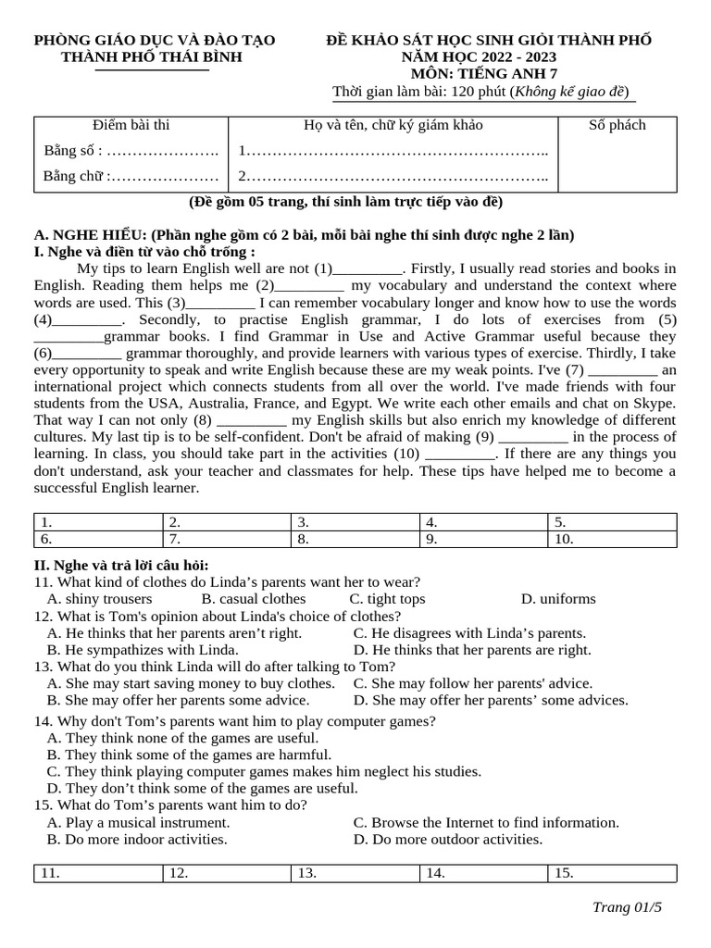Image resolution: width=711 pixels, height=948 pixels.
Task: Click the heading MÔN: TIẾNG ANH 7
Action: [x=489, y=74]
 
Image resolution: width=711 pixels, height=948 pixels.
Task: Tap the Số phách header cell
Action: [x=617, y=126]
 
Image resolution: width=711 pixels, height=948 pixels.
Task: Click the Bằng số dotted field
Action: [x=163, y=151]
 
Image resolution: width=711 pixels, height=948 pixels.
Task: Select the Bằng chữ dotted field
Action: [x=164, y=177]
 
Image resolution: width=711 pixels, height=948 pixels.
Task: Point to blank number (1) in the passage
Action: [x=367, y=269]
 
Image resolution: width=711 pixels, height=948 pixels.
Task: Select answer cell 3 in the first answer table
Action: [x=355, y=522]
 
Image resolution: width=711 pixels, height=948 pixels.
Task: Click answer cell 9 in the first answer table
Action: [x=483, y=539]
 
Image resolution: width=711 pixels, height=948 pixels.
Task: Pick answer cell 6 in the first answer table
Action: [x=98, y=539]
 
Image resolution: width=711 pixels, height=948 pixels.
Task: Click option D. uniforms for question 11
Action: [x=558, y=599]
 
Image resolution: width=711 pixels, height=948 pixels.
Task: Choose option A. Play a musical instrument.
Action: [x=138, y=822]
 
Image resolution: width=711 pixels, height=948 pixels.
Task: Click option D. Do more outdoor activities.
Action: [x=448, y=840]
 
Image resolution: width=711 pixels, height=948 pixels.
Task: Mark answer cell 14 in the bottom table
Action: [x=483, y=873]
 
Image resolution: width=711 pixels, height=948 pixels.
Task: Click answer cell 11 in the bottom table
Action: [x=98, y=873]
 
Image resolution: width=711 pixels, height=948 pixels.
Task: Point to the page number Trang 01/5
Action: [x=627, y=907]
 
